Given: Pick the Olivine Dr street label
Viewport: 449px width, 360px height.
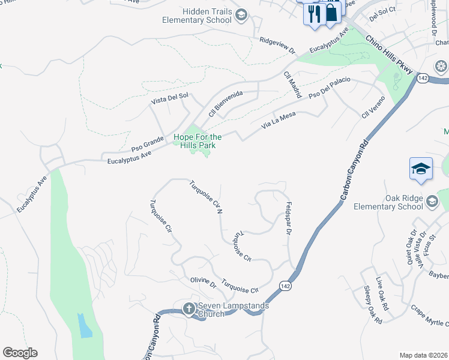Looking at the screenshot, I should [203, 283].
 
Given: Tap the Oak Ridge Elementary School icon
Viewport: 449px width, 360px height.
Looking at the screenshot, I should [432, 202].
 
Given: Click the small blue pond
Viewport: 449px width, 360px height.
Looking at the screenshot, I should [85, 325].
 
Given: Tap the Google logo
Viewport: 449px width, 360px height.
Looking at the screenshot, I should [20, 353].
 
